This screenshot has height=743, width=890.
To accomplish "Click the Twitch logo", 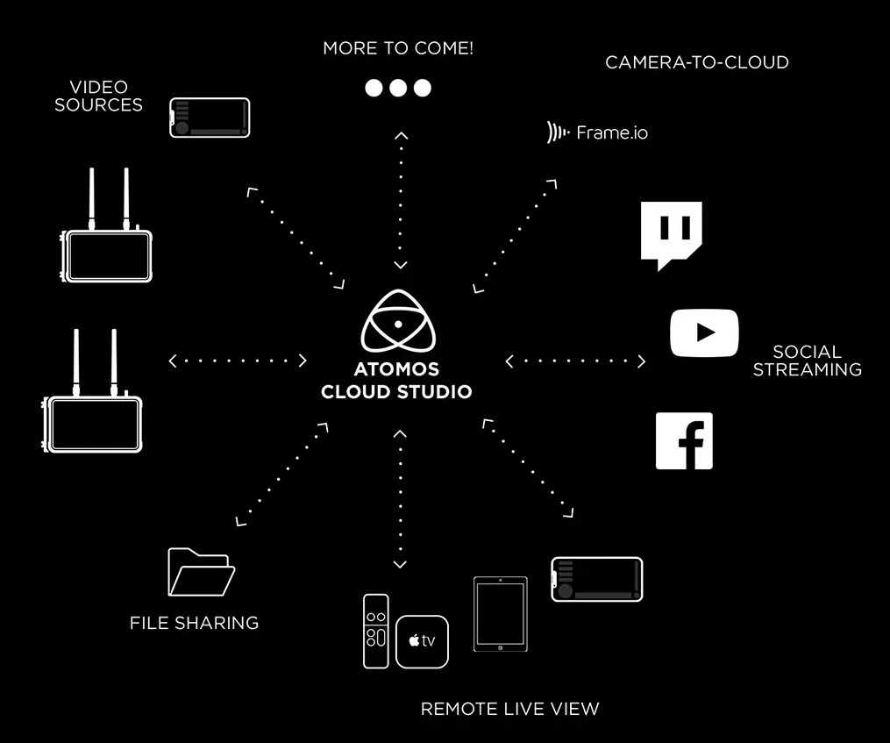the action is [x=671, y=232].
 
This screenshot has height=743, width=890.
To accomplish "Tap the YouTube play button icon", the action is [x=704, y=332].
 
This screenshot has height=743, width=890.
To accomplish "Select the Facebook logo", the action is [x=684, y=441].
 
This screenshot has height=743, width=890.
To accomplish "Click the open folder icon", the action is [x=202, y=572].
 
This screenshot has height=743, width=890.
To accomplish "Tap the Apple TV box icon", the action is [x=423, y=641].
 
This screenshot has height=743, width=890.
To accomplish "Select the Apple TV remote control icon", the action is [x=376, y=631].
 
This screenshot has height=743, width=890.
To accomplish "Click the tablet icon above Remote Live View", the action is [x=501, y=614].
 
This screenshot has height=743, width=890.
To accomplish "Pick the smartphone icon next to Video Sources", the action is [x=210, y=118].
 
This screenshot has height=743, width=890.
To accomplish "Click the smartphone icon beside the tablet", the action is [x=597, y=580].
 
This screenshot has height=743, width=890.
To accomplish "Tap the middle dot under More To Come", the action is [x=398, y=88].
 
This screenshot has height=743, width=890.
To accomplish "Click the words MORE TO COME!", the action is [x=398, y=48].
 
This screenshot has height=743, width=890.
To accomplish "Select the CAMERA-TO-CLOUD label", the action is [x=697, y=62].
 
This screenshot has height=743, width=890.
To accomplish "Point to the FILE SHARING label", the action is [x=194, y=623].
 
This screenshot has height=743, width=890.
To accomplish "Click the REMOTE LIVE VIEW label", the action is [x=509, y=708].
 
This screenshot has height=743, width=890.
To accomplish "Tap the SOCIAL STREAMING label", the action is [x=807, y=361].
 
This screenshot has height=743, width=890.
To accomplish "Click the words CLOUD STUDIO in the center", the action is [x=396, y=391].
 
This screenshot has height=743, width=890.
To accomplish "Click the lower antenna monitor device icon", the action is [x=92, y=391].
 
